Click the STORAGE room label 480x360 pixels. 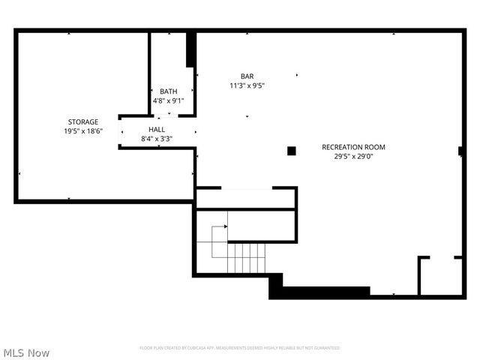coord(83,121)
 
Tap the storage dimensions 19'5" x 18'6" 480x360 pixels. coord(83,131)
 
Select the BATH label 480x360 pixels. coord(168,91)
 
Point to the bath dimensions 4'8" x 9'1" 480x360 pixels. coord(168,100)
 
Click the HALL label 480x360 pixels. coord(157,129)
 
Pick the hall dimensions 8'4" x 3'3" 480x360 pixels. coord(157,139)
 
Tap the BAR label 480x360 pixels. coord(247,76)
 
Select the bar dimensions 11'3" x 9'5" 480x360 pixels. coord(247,85)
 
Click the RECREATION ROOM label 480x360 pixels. coord(353,147)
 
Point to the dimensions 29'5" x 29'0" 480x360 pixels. coord(353,157)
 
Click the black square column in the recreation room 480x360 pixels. coord(292,151)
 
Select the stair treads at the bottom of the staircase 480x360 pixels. coord(246,258)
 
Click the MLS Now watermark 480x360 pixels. coord(26,352)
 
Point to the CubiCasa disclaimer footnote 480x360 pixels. coord(239,348)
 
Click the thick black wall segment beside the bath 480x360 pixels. coord(190,49)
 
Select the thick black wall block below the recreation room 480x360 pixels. coord(315,292)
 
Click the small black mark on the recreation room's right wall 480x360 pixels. coord(460,151)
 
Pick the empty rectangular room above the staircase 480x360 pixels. coord(246,198)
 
